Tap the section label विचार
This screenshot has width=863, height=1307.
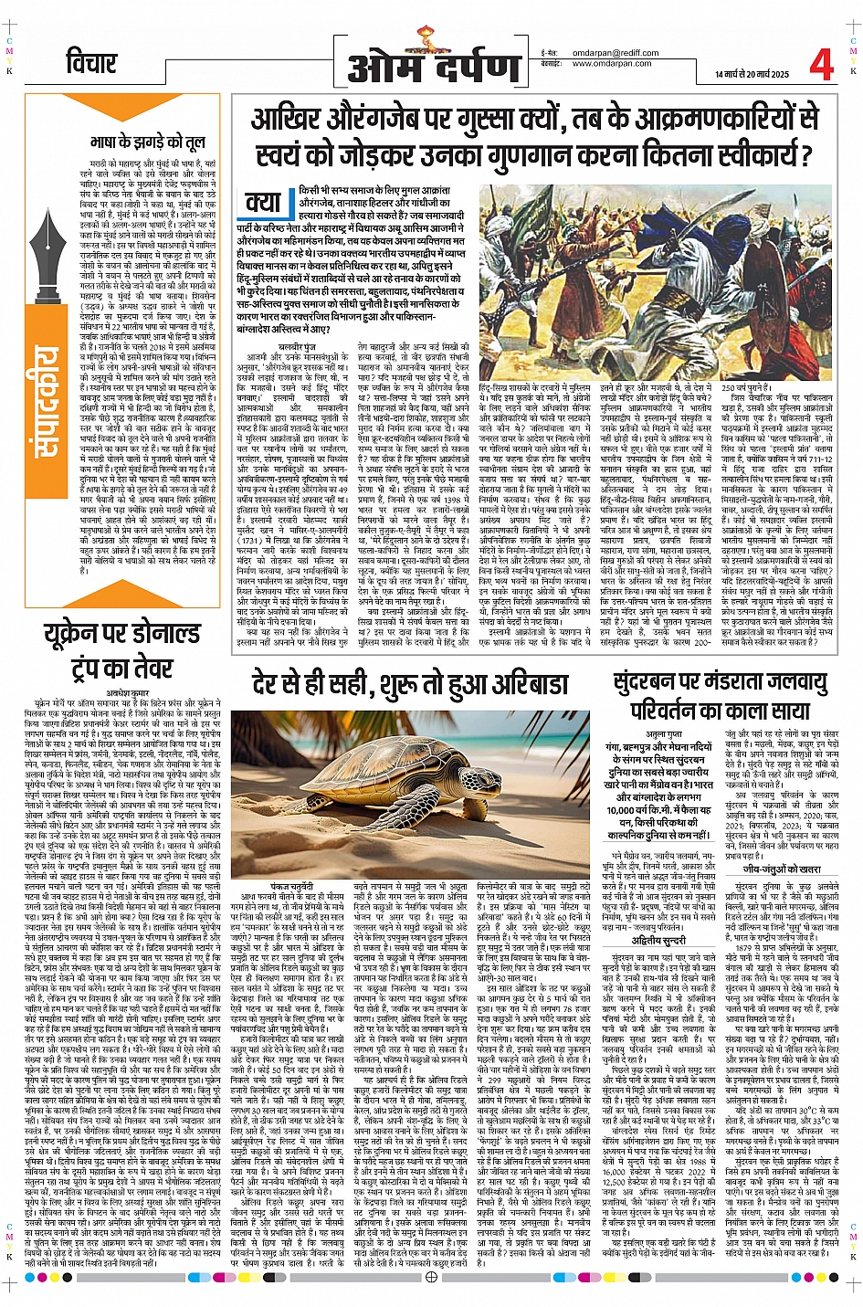point(91,63)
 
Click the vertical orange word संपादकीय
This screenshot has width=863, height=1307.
point(44,402)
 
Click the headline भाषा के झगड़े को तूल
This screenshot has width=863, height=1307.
point(147,142)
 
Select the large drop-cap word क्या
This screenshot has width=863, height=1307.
point(263,202)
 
